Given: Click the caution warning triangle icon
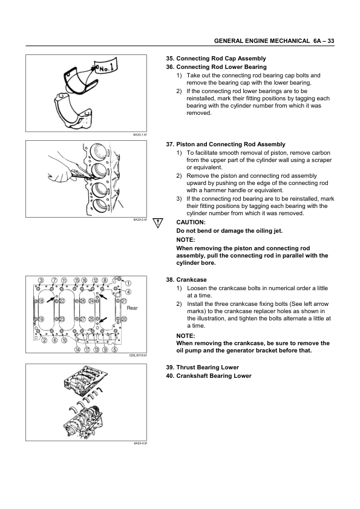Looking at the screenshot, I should point(159,222).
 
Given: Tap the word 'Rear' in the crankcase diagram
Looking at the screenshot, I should point(133,308).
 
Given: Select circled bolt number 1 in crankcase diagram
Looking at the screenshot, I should point(128,284).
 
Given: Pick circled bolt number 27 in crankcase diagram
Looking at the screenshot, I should point(83,319).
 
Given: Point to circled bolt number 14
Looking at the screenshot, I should point(77,349).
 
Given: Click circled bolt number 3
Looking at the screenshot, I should point(41,280).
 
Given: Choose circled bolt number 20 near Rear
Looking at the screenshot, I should point(124,319).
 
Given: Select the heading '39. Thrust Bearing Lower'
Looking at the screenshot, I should point(202,368).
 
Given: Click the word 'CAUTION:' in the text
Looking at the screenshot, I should point(191,222).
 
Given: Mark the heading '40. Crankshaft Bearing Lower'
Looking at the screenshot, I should point(209,376).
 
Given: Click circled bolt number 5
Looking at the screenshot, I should point(114,349).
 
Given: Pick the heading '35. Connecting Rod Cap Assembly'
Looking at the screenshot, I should point(216,59).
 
